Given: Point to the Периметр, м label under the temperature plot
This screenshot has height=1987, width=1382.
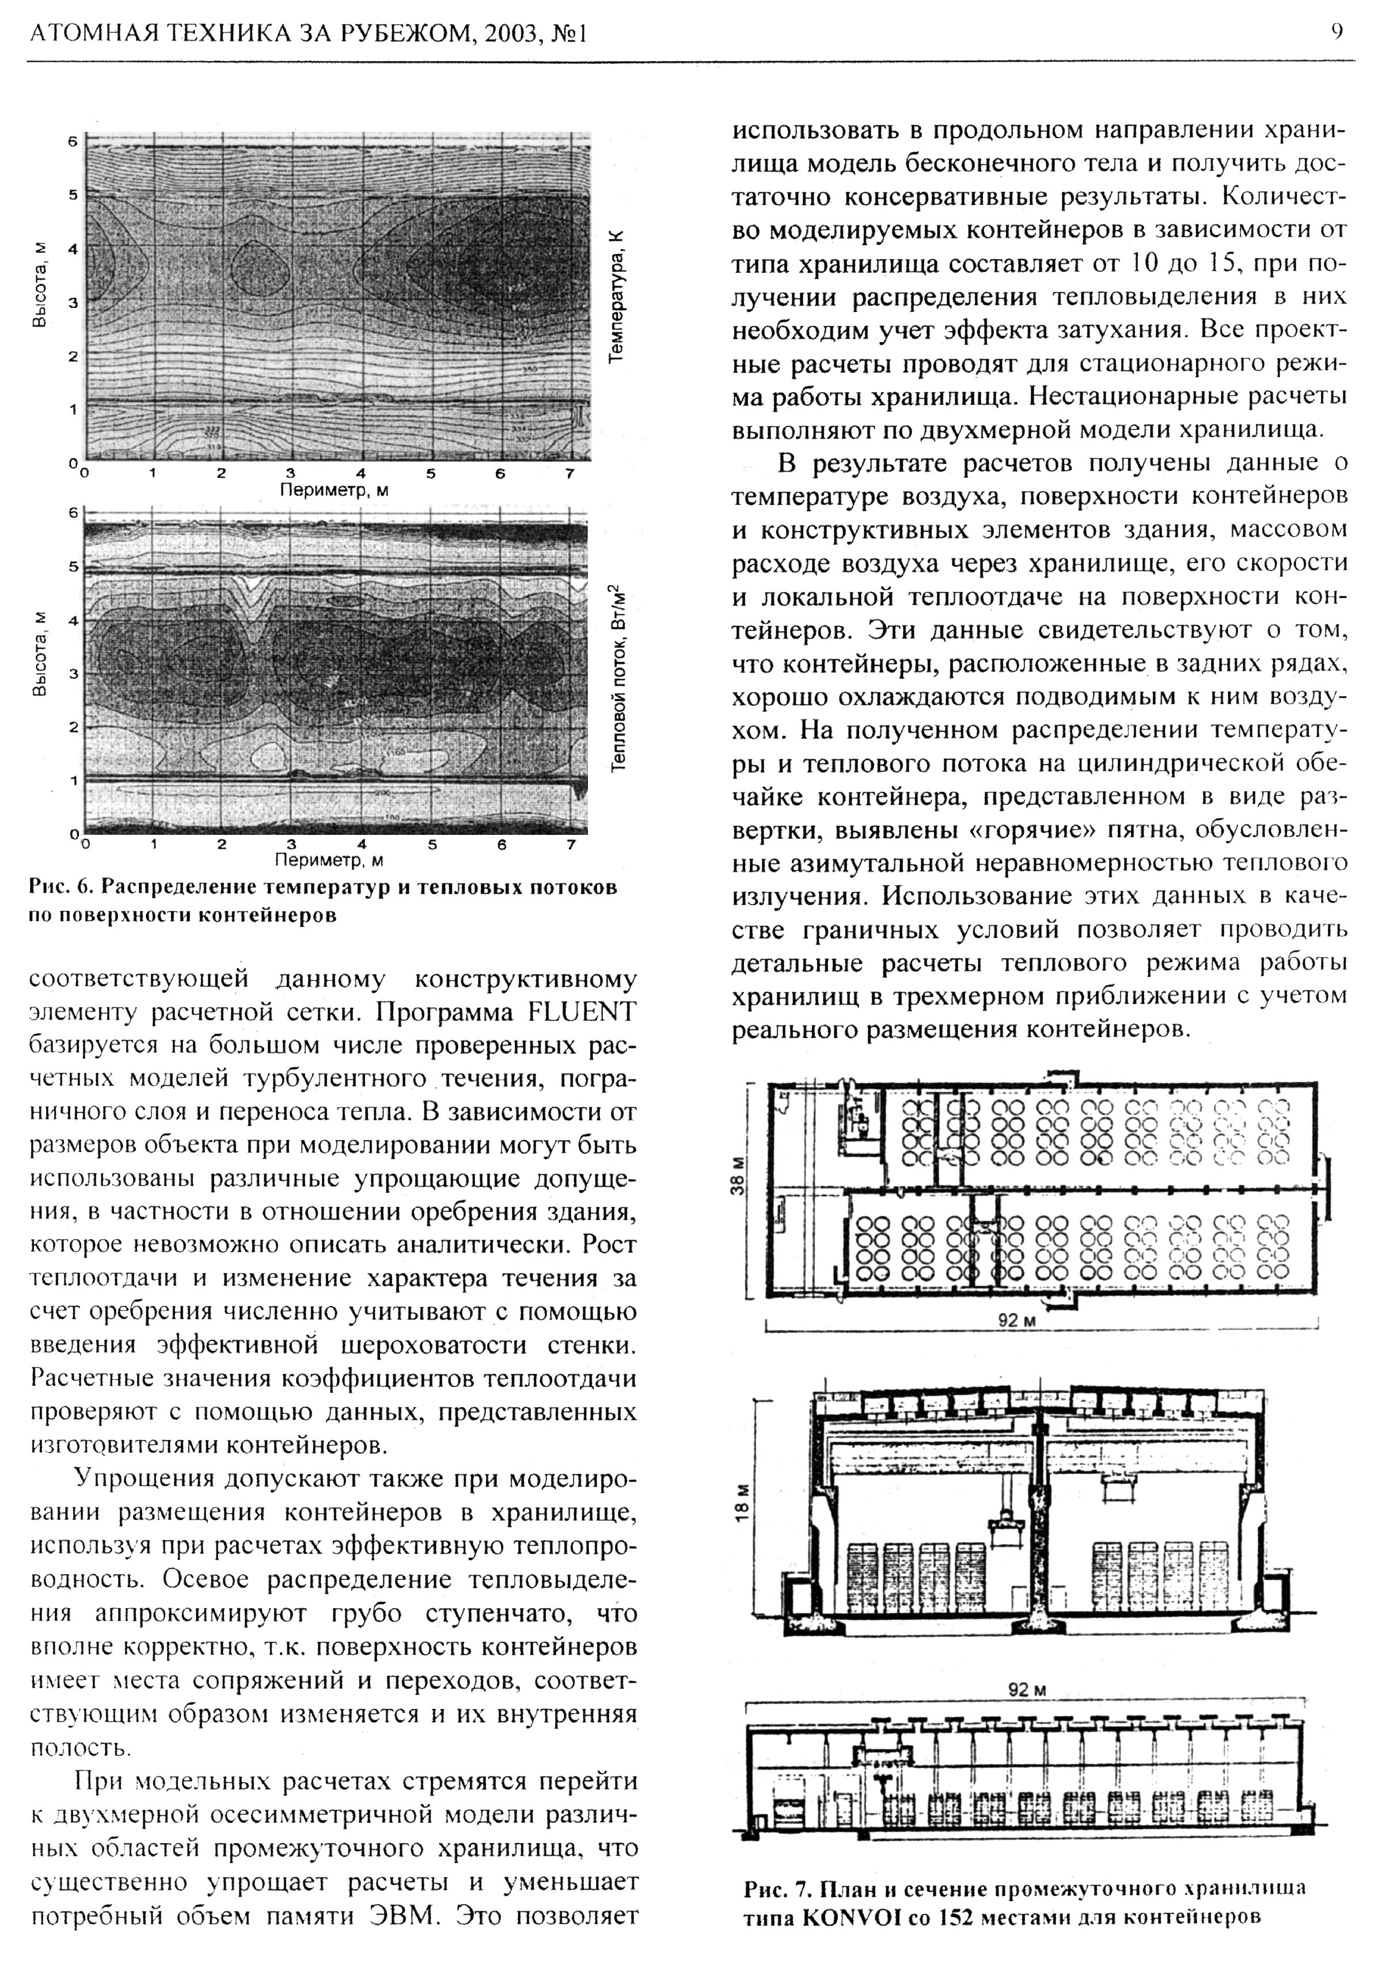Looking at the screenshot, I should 334,490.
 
